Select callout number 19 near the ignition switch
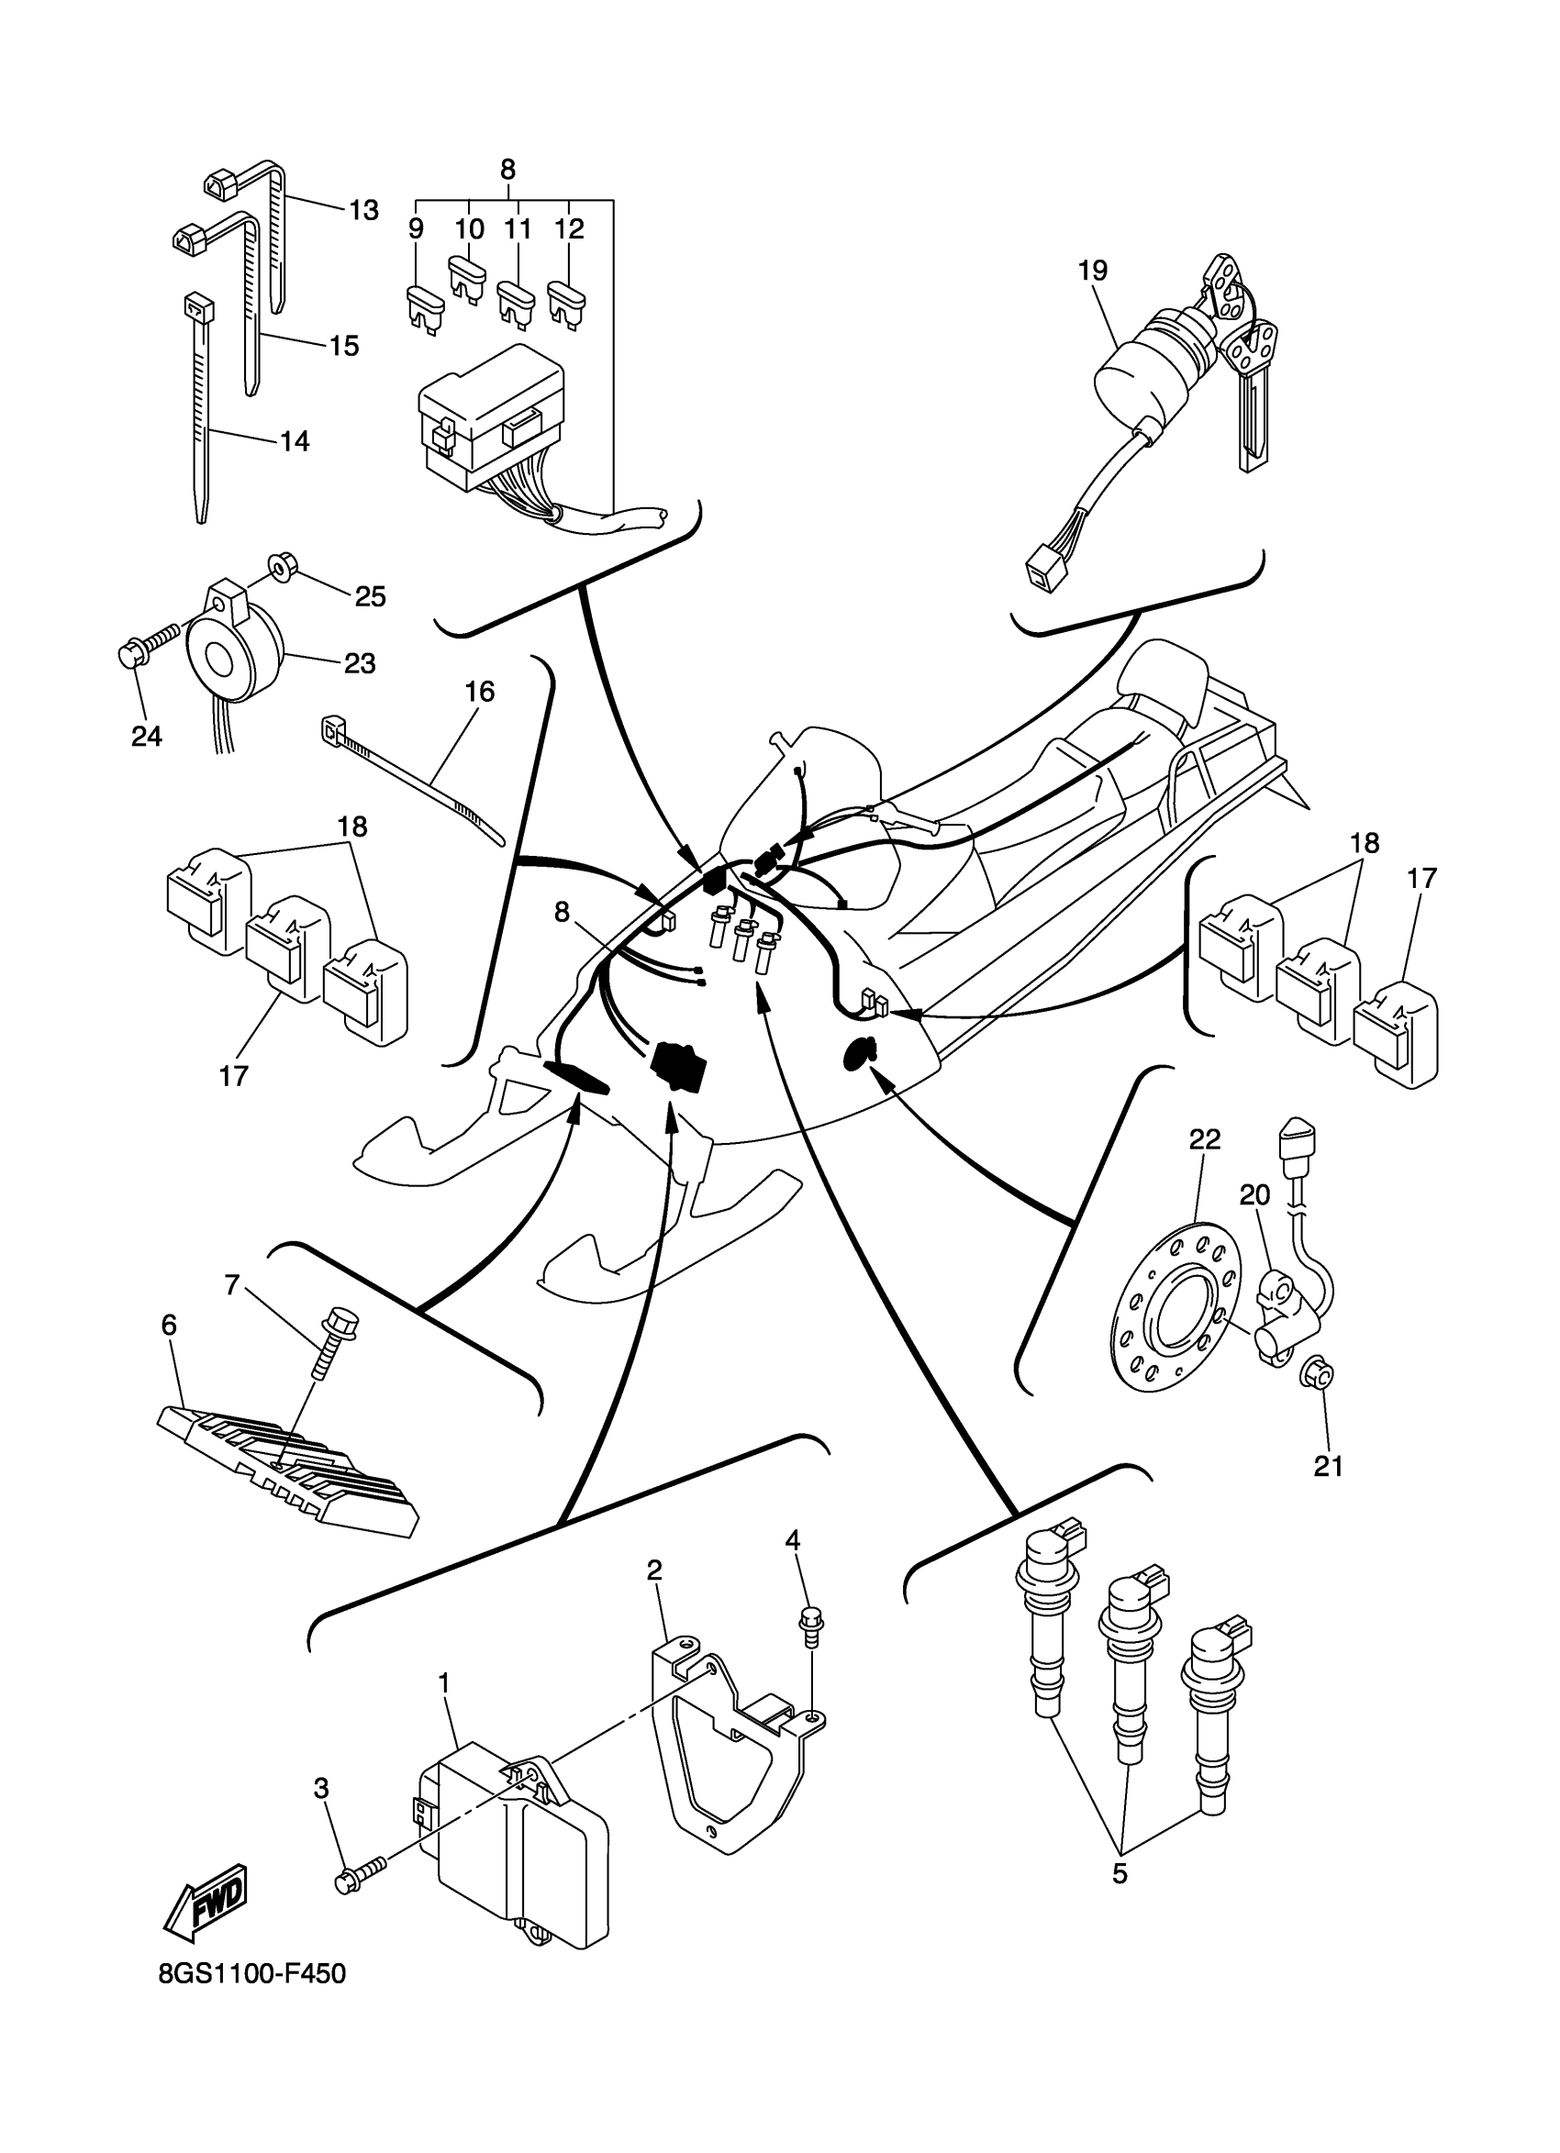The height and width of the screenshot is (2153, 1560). click(x=1092, y=271)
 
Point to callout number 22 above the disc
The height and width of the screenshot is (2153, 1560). click(x=1205, y=1140)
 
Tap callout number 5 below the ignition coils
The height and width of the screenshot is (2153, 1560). click(x=1120, y=1875)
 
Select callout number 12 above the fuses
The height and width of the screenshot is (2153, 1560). click(x=569, y=229)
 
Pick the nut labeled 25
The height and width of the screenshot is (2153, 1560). click(x=280, y=568)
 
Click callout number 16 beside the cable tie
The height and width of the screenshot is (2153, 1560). click(x=480, y=692)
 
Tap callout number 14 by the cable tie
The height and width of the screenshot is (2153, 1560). click(x=295, y=441)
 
